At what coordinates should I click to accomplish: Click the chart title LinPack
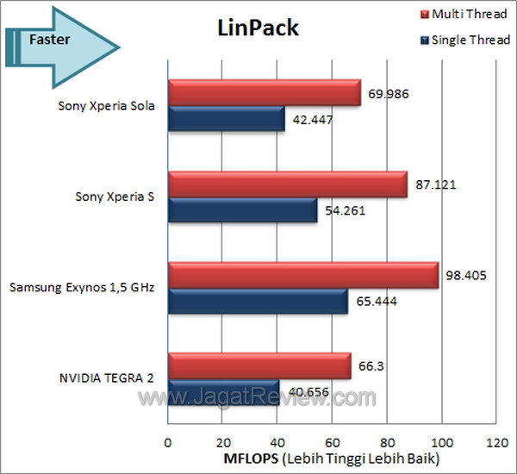pyautogui.click(x=256, y=28)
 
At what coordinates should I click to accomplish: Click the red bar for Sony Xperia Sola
pyautogui.click(x=264, y=94)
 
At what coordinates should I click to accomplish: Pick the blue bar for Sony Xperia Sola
pyautogui.click(x=226, y=119)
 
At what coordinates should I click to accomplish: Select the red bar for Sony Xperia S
pyautogui.click(x=286, y=184)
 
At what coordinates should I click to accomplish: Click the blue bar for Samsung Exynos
pyautogui.click(x=257, y=300)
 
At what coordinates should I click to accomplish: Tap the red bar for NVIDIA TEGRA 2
pyautogui.click(x=258, y=365)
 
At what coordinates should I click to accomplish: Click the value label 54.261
pyautogui.click(x=343, y=209)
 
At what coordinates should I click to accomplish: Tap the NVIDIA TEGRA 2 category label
pyautogui.click(x=107, y=377)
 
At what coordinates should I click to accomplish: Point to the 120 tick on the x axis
pyautogui.click(x=495, y=442)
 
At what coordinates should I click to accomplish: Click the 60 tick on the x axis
pyautogui.click(x=331, y=442)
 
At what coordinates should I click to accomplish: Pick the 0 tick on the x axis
pyautogui.click(x=167, y=442)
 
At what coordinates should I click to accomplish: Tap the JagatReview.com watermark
pyautogui.click(x=258, y=398)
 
